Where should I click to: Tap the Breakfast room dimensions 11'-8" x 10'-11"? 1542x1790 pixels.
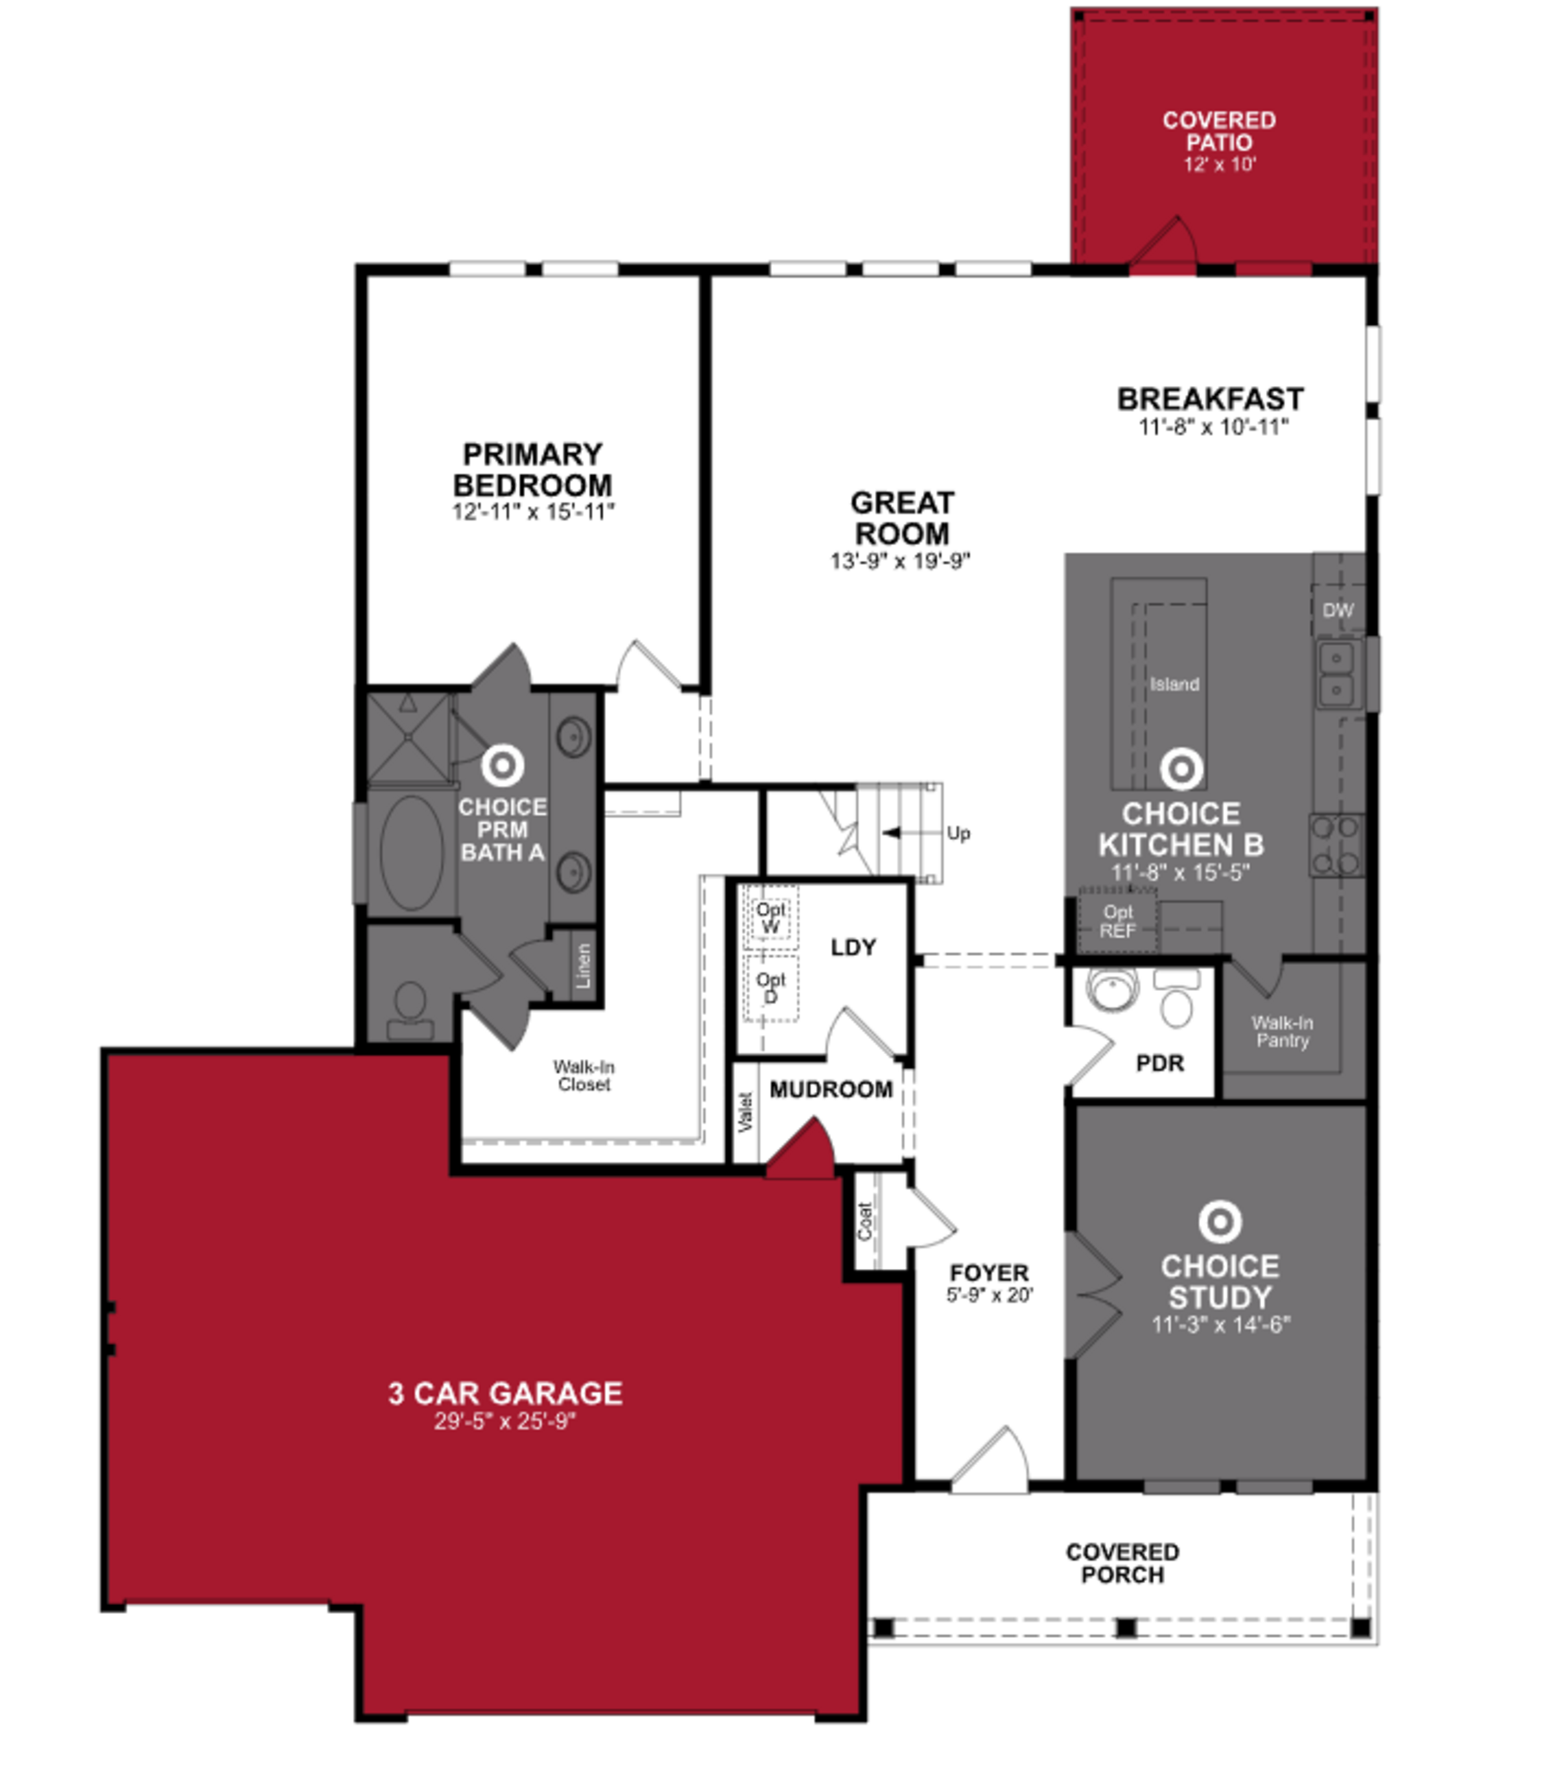[x=1213, y=427]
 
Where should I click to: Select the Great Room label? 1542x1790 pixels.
[x=902, y=517]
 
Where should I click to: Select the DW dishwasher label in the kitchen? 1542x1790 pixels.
[x=1337, y=610]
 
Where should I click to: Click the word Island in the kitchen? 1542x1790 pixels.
[x=1174, y=684]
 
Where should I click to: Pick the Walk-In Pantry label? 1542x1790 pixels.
[x=1282, y=1031]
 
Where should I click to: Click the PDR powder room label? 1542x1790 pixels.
[x=1159, y=1064]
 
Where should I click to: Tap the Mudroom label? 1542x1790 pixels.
[x=831, y=1089]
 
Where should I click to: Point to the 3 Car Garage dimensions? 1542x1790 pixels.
[x=505, y=1421]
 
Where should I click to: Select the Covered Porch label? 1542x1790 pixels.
[x=1122, y=1563]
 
